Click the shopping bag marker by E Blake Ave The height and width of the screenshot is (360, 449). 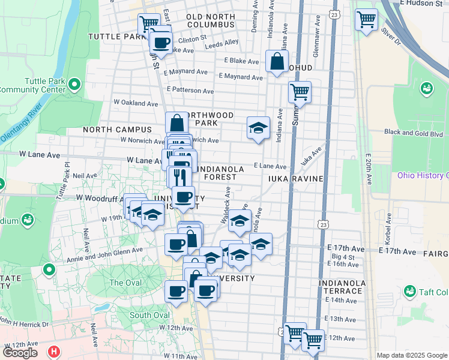276,61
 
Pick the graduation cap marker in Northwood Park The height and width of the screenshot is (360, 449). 258,128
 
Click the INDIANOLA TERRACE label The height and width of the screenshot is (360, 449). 342,287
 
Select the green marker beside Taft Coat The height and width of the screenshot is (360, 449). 410,292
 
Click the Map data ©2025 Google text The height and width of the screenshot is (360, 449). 412,355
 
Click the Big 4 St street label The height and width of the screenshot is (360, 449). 344,257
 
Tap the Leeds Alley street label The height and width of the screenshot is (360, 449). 221,43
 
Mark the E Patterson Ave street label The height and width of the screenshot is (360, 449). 190,91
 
